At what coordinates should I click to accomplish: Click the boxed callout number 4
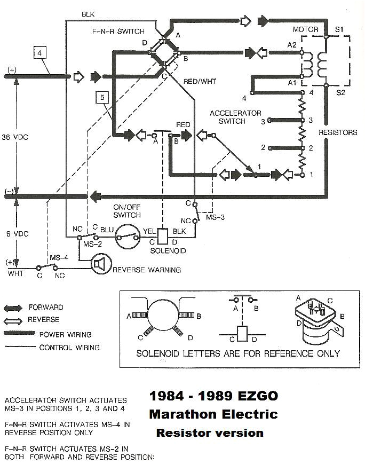(x=40, y=52)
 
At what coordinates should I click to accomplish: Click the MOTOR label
(x=306, y=29)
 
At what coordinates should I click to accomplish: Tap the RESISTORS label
(x=338, y=132)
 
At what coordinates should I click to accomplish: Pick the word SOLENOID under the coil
(x=164, y=250)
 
